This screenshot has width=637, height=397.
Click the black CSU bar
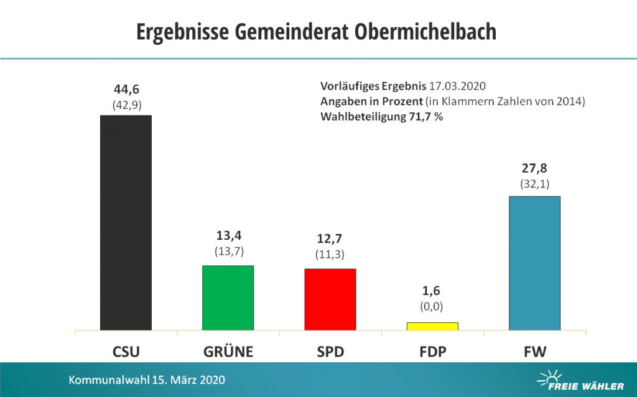[x=126, y=222]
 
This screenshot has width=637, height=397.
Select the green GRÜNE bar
[x=228, y=298]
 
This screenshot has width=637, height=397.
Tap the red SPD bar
[x=330, y=299]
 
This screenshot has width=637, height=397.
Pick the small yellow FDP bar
[x=432, y=326]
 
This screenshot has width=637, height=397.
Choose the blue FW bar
[x=534, y=263]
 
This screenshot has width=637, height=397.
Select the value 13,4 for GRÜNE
[x=228, y=237]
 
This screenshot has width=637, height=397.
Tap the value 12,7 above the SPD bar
[x=330, y=239]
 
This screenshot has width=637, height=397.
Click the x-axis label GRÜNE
[x=228, y=352]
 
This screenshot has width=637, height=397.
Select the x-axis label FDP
[x=432, y=352]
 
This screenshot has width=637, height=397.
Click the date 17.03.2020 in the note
[x=454, y=86]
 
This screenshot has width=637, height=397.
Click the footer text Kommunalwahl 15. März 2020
[x=147, y=379]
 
